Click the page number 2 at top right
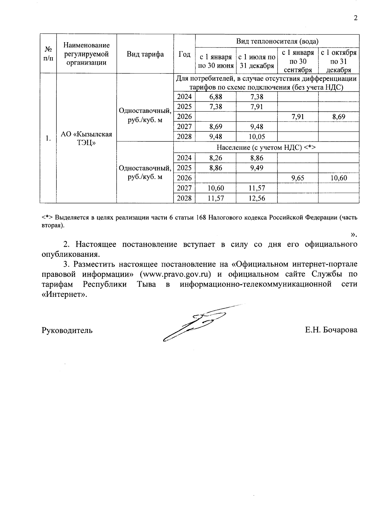[356, 18]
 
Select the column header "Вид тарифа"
[145, 54]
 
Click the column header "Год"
[184, 54]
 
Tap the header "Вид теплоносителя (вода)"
[277, 41]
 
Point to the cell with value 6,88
[216, 97]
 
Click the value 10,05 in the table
[257, 137]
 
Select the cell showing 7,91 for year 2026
[298, 117]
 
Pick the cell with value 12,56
[257, 198]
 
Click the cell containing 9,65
[298, 178]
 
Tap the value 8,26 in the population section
[216, 158]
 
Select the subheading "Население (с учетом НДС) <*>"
[266, 147]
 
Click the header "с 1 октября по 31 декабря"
[339, 61]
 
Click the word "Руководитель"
[67, 330]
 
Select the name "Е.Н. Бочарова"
[331, 330]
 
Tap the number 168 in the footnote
[201, 218]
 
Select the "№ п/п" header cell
[48, 54]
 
